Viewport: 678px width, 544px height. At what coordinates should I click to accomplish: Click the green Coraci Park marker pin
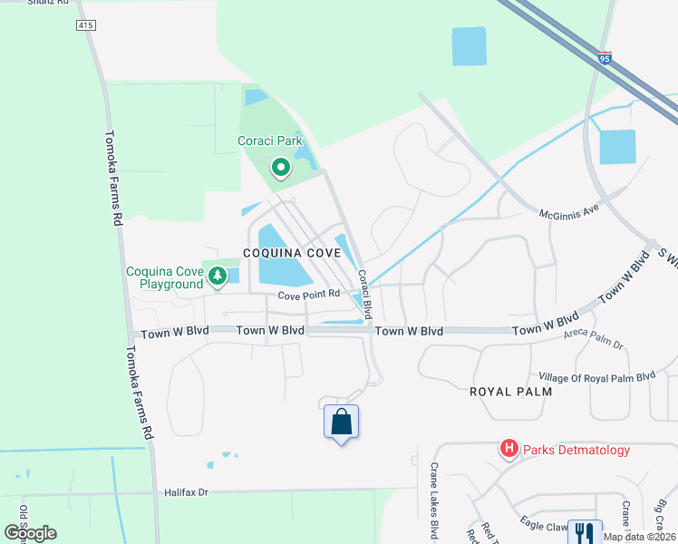(281, 167)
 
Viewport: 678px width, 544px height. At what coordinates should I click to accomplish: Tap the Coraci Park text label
(269, 141)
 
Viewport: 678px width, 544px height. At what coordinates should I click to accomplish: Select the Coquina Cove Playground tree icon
(217, 276)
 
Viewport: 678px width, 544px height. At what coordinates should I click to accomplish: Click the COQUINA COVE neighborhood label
(291, 253)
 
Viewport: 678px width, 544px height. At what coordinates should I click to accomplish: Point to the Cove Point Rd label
(308, 295)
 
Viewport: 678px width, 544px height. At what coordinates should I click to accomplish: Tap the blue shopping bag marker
(341, 423)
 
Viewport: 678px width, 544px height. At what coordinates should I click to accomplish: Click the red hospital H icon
(509, 449)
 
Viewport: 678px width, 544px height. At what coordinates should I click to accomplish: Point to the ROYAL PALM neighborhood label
(506, 392)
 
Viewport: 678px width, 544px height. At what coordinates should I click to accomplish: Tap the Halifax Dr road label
(187, 492)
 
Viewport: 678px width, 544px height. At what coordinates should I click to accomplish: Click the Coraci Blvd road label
(364, 294)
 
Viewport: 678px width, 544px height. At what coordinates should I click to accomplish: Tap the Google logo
(30, 533)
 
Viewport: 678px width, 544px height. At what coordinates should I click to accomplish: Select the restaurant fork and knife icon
(585, 533)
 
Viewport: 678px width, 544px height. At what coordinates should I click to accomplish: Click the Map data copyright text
(639, 537)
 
